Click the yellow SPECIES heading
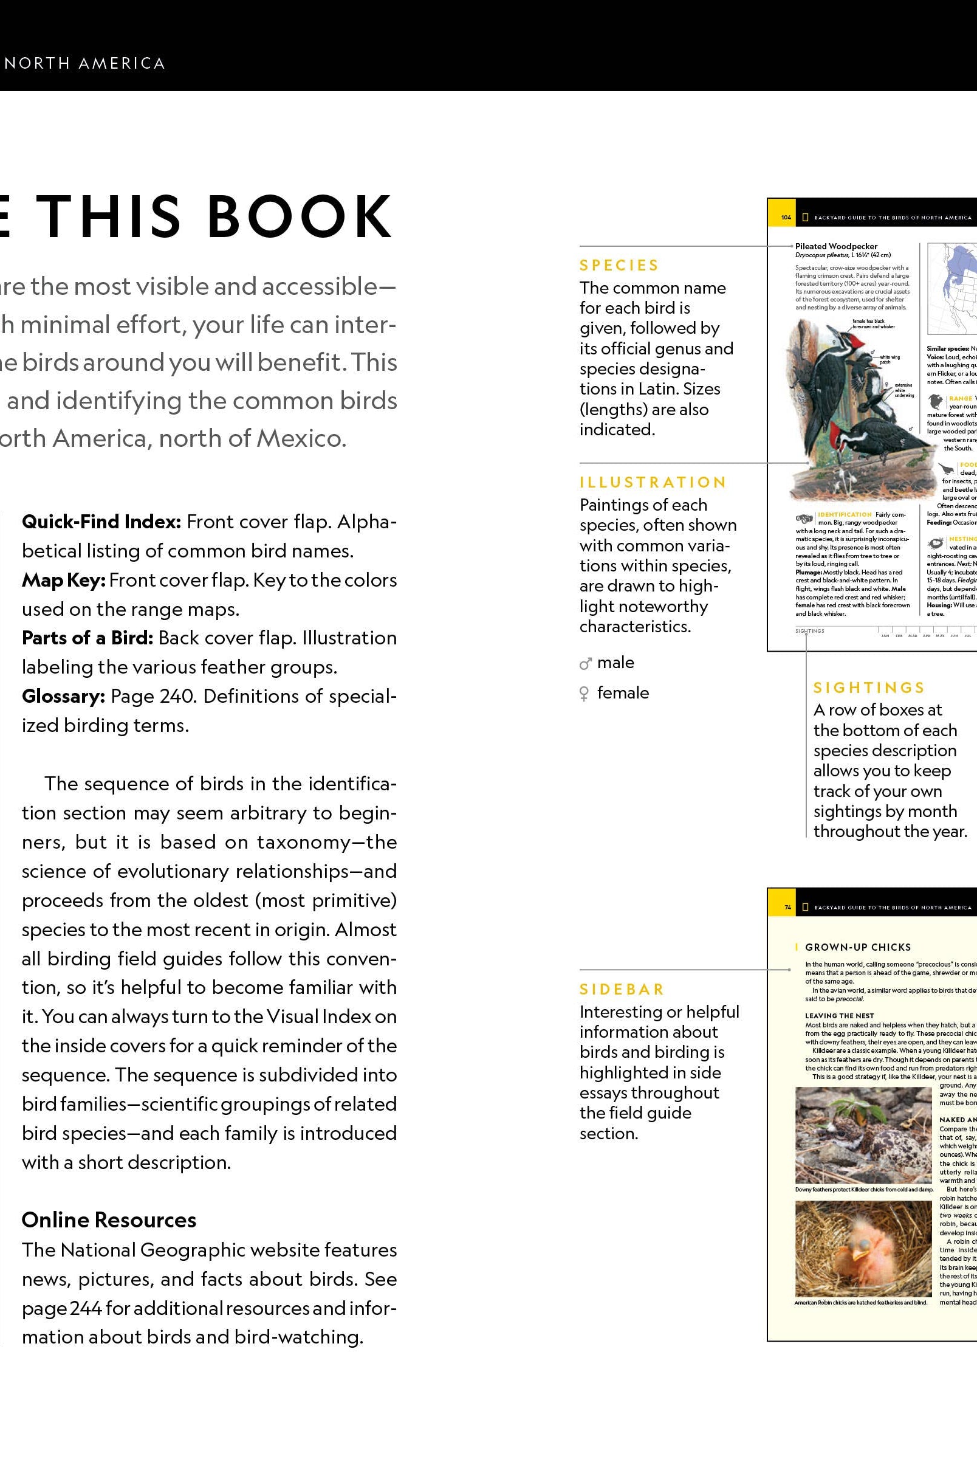(619, 266)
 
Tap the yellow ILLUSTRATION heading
(653, 483)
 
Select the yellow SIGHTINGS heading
(869, 688)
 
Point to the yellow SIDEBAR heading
(622, 990)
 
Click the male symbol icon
(584, 664)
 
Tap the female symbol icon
(584, 694)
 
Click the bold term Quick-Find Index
(101, 522)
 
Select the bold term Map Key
(63, 580)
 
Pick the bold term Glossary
(63, 696)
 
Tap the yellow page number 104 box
(786, 218)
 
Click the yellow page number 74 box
(787, 908)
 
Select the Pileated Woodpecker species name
(836, 246)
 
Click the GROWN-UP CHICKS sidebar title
(857, 947)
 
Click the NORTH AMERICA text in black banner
(84, 64)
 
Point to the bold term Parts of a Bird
(87, 638)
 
